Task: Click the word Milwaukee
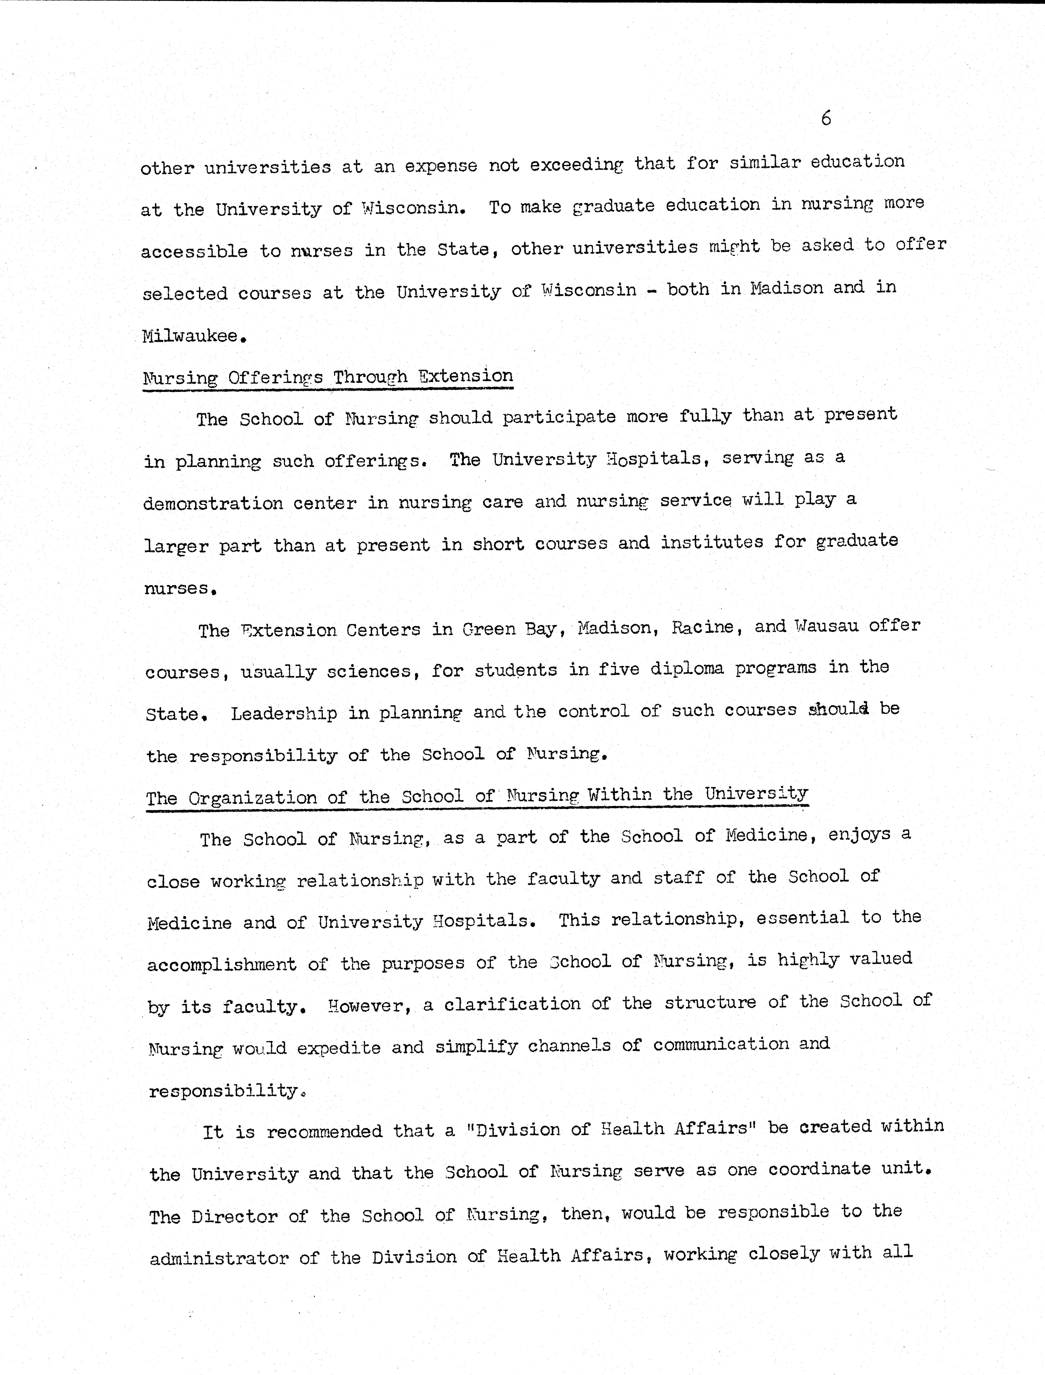pos(190,337)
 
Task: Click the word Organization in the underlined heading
pos(252,798)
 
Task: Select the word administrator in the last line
pos(219,1259)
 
